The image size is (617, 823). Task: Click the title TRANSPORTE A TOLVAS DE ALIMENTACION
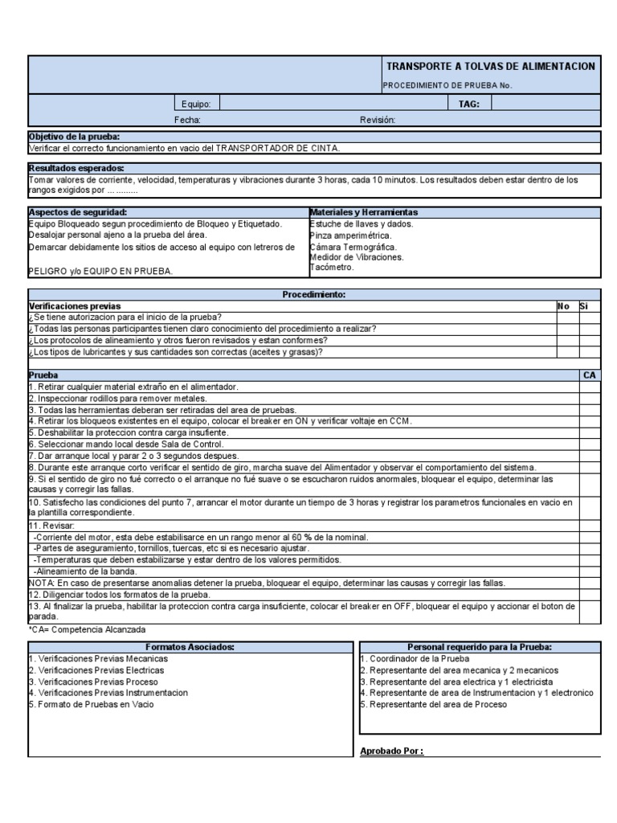490,66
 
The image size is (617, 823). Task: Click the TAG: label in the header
469,104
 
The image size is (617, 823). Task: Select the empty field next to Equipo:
333,104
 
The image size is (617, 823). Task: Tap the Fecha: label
187,120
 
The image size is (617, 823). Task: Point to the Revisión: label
378,120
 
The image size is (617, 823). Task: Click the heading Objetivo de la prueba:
74,137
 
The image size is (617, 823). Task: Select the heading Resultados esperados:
76,169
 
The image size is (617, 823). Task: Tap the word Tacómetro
331,268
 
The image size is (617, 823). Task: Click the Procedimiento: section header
313,295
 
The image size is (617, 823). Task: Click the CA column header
589,375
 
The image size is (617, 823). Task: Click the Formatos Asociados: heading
190,647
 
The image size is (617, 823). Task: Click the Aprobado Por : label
391,751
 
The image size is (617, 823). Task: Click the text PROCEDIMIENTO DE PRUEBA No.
446,85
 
